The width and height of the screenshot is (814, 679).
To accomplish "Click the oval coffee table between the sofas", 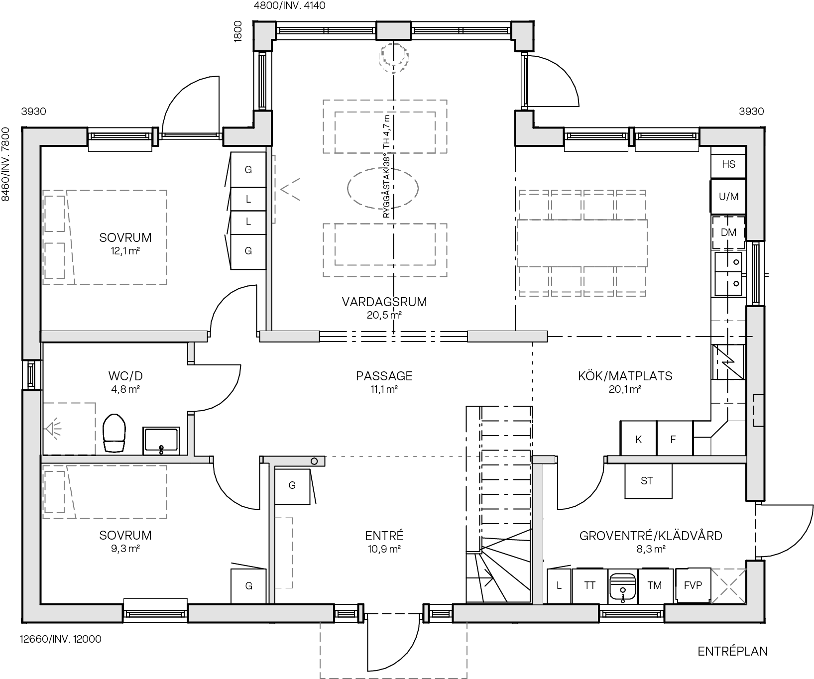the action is coord(382,188).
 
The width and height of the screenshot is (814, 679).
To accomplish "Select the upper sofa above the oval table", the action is coord(385,126).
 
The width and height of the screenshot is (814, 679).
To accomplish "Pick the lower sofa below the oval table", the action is coord(385,250).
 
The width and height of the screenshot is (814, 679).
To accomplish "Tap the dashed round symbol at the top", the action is coord(393,57).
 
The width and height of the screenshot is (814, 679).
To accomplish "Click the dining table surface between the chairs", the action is coord(582,243).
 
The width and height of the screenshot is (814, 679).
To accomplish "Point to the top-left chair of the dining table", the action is coord(534,204).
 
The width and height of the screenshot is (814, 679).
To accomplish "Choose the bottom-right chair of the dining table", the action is coord(631,282).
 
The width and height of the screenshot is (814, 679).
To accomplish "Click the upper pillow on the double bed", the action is coord(55,214).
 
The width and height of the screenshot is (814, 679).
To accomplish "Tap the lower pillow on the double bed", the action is coord(55,260).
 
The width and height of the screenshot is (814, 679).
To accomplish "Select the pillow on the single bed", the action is coord(54,492).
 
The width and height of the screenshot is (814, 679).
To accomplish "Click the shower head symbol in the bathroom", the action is coord(53,429).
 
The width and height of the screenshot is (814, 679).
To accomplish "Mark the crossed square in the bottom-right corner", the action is coord(729,586).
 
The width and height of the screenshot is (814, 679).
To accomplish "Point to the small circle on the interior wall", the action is coord(314,461).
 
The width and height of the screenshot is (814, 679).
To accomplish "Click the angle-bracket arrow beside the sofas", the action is coord(290,189).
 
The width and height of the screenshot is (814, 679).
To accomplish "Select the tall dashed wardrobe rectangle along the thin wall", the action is coord(283,553).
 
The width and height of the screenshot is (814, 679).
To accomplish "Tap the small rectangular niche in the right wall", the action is coord(758,410).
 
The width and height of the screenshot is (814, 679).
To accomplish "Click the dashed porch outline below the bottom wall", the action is coord(393,650).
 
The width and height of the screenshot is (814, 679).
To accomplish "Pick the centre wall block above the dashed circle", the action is coord(393,30).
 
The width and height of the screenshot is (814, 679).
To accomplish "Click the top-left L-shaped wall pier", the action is coord(263,35).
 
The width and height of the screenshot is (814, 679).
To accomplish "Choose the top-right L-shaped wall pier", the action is coord(523,36).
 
